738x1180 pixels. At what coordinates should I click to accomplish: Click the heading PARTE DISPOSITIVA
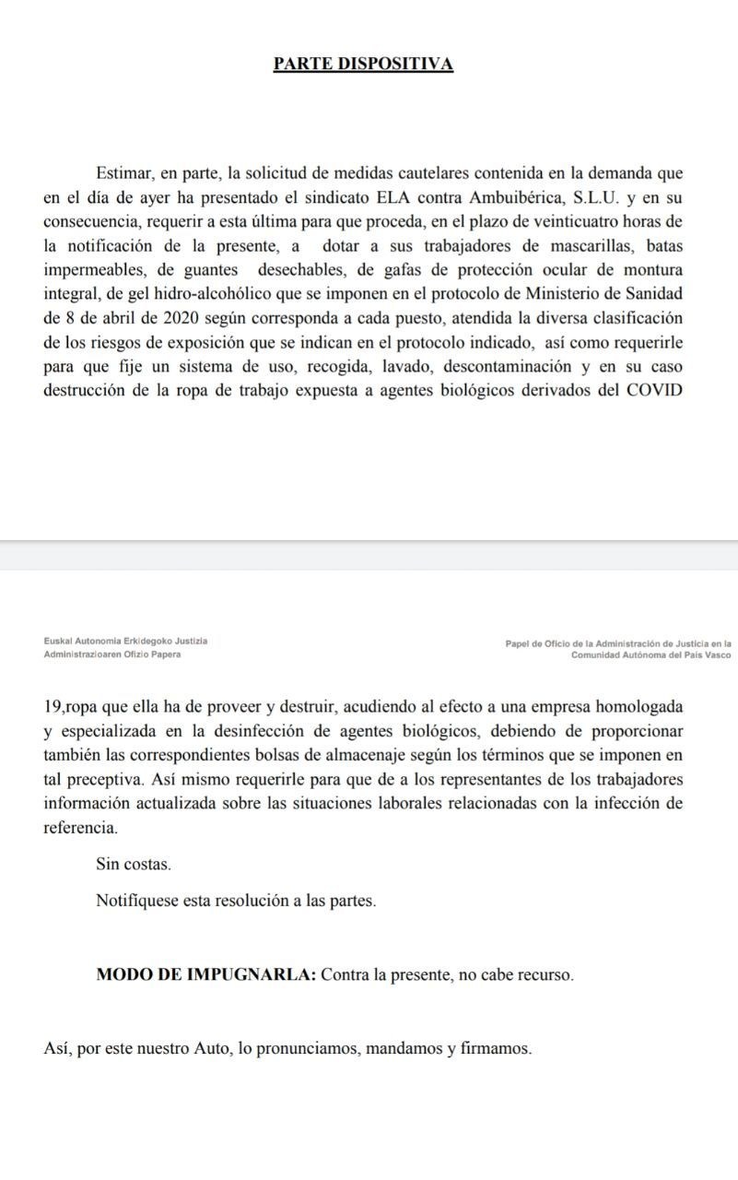pyautogui.click(x=363, y=65)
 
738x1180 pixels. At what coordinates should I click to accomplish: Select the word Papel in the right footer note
pyautogui.click(x=520, y=644)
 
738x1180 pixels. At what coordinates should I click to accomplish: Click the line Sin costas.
pyautogui.click(x=134, y=865)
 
